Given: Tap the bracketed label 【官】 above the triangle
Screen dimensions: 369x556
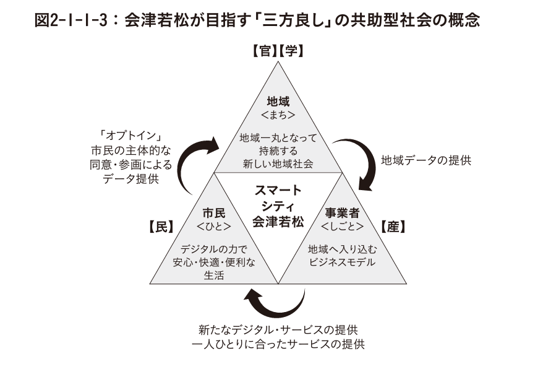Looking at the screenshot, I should pos(264,51).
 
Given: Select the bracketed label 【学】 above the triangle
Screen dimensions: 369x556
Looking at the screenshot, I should pos(291,51).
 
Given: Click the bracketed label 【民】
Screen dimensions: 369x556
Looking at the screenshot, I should pos(161,227).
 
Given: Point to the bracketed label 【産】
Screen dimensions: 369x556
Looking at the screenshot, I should pos(393,227).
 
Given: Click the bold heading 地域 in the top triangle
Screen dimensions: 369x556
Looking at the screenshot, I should pos(278,101).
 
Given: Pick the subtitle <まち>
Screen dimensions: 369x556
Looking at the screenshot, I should pos(278,115).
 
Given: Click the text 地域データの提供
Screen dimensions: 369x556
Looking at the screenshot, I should pos(426,160).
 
